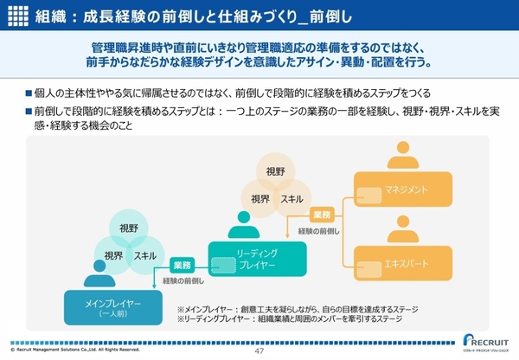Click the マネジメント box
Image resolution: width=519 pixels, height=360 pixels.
coord(403,189)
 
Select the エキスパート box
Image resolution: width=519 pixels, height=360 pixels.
coord(403,262)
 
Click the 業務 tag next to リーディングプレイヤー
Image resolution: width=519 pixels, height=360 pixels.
coord(182,265)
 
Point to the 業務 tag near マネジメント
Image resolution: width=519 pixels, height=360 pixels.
coord(321,214)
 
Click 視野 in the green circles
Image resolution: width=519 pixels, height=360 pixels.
coord(127,228)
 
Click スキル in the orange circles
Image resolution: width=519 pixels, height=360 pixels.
coord(292,199)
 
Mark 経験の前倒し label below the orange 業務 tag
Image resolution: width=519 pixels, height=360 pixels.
coord(322,231)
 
